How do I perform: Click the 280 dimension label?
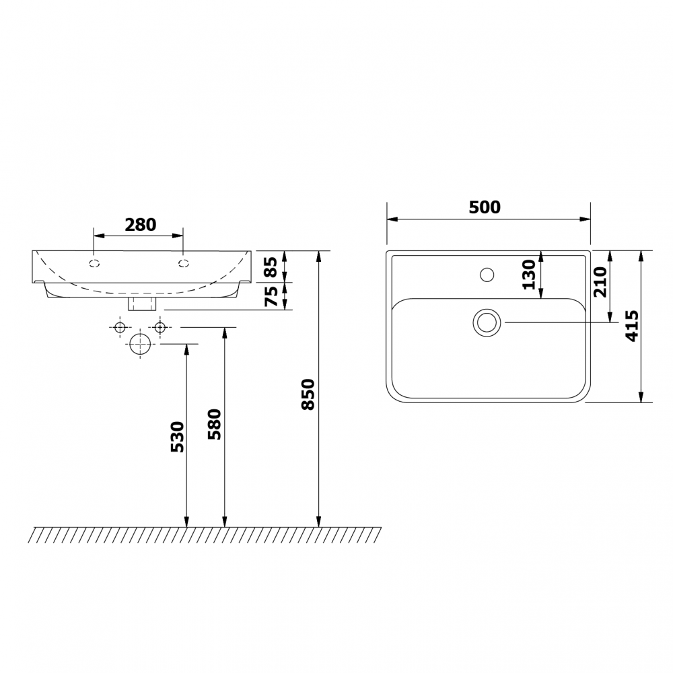coord(141,225)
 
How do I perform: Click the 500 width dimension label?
coord(485,207)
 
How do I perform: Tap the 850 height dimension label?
coord(309,394)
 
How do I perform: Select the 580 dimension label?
coord(215,424)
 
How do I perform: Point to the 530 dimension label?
coord(177,437)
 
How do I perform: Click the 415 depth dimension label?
coord(632,326)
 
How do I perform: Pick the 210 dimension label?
coord(600,282)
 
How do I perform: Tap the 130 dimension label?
coord(529,275)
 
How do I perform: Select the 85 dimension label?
coord(271,267)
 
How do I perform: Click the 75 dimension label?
coord(271,296)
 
